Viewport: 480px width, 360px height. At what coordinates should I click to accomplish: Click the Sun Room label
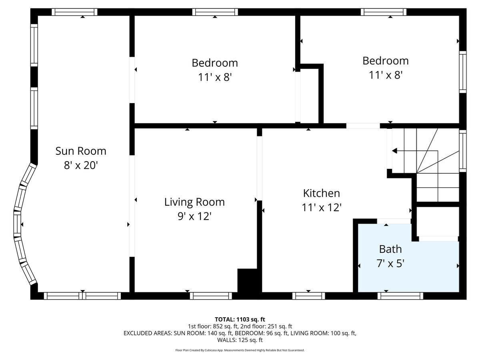81,151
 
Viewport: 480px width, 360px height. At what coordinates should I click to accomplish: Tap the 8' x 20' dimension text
81,165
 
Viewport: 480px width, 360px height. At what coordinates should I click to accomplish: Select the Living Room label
194,202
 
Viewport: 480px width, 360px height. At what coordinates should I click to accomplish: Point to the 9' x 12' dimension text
194,216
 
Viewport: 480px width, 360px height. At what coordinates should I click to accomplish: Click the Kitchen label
322,193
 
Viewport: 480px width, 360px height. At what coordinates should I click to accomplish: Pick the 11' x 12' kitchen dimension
322,208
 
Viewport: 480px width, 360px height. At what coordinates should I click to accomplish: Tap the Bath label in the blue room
390,249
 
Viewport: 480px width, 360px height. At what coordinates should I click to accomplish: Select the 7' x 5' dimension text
390,264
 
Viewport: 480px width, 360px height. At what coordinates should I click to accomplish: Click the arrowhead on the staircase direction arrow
394,151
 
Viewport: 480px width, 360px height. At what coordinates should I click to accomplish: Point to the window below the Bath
400,296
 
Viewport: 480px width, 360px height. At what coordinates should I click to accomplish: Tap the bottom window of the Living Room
211,296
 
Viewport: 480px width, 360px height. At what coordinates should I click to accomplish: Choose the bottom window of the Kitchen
308,296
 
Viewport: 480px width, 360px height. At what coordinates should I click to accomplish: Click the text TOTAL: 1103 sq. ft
240,319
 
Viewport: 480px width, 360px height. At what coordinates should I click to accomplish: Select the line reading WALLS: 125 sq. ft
240,340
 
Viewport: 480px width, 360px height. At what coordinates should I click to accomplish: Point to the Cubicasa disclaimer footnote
240,350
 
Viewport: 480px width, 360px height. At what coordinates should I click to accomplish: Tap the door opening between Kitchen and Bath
394,221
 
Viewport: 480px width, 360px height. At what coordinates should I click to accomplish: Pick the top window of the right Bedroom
384,12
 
